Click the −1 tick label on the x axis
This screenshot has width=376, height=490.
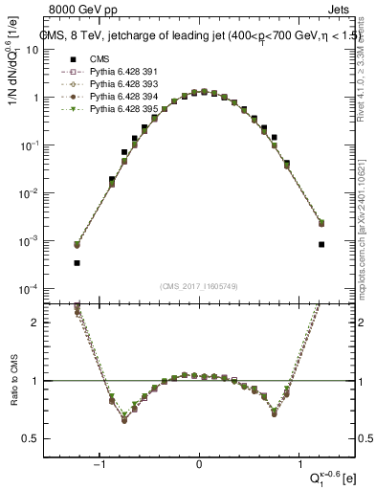point(98,464)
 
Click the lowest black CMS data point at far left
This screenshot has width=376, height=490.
point(77,262)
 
